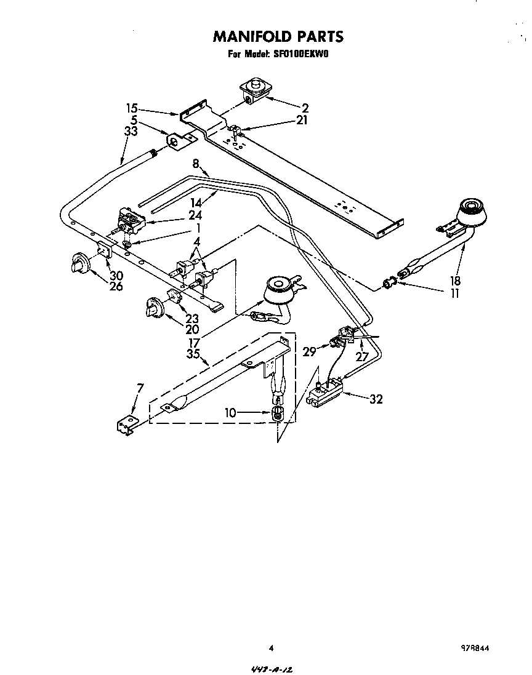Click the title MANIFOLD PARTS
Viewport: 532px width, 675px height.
click(278, 37)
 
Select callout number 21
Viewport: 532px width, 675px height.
click(301, 120)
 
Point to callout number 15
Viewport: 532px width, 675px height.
click(132, 107)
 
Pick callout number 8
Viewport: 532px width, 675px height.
click(196, 164)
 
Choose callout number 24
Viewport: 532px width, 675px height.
click(195, 215)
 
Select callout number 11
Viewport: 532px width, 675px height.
click(454, 293)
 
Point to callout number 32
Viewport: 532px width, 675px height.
click(376, 399)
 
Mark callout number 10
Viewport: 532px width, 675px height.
click(230, 412)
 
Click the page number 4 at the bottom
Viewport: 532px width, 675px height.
click(271, 647)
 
